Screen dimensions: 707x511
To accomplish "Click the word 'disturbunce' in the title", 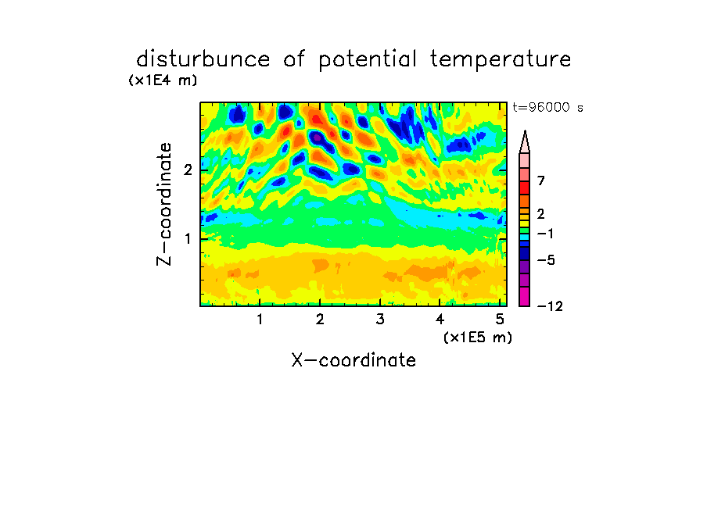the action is point(203,59).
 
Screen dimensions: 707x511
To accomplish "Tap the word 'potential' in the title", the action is point(368,60).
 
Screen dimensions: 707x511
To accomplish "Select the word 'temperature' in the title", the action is point(501,60).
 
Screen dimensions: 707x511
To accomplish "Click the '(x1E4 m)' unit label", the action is point(163,80).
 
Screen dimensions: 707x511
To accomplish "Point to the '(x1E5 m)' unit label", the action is point(478,337).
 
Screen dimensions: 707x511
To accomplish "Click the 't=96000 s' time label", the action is point(547,107).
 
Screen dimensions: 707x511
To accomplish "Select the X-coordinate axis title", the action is point(353,360).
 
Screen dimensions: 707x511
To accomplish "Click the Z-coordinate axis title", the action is point(164,204).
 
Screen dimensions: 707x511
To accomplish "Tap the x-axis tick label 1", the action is point(260,320).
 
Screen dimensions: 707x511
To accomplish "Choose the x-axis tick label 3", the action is point(380,320).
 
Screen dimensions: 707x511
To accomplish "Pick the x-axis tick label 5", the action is point(500,320).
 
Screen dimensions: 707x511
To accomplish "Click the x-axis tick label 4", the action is point(440,320).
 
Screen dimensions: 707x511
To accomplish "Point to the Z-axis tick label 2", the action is point(188,170).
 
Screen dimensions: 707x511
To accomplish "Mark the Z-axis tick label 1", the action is point(188,239).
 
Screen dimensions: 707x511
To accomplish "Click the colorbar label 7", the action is point(541,180).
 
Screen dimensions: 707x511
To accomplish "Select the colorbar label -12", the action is point(550,306).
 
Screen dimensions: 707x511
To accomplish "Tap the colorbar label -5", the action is point(546,260).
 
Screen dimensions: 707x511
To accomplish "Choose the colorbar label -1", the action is point(545,234).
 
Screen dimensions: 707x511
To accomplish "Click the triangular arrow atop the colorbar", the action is point(525,141).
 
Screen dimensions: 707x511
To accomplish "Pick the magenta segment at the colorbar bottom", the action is point(525,296).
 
